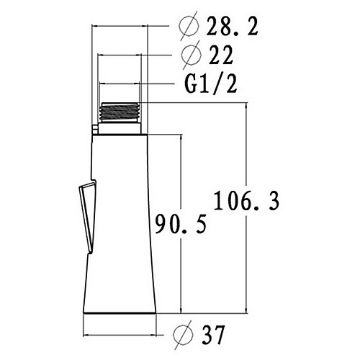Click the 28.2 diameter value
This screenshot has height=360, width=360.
click(x=232, y=27)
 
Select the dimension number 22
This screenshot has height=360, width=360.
click(x=221, y=55)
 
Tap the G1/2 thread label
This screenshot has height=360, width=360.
click(x=211, y=84)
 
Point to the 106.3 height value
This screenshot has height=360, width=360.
click(x=246, y=201)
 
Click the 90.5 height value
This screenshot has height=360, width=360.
click(x=181, y=224)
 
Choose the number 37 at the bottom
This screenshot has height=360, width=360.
click(x=213, y=335)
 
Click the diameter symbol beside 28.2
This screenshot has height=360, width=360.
click(x=189, y=27)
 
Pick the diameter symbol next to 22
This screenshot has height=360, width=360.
click(x=192, y=55)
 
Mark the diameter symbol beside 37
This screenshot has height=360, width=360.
click(x=183, y=335)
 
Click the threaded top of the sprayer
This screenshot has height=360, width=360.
click(x=120, y=112)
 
